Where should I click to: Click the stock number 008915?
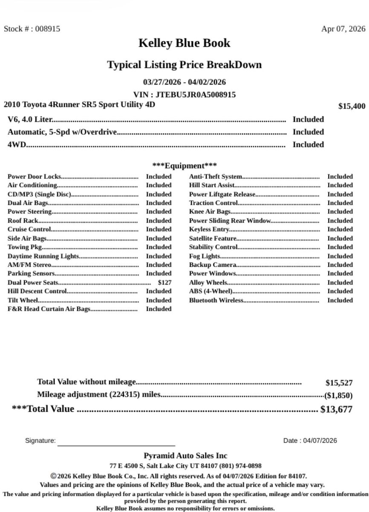pyautogui.click(x=47, y=29)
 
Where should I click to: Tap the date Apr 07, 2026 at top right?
pyautogui.click(x=343, y=29)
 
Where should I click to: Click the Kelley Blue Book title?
pyautogui.click(x=184, y=43)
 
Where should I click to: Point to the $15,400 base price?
pyautogui.click(x=352, y=106)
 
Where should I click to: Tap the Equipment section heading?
pyautogui.click(x=184, y=166)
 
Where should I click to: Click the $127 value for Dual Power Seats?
pyautogui.click(x=164, y=282)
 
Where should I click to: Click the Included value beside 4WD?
pyautogui.click(x=308, y=145)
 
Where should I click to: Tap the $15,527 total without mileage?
pyautogui.click(x=339, y=383)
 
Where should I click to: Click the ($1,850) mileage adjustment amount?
pyautogui.click(x=338, y=395)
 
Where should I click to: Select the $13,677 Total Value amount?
pyautogui.click(x=336, y=410)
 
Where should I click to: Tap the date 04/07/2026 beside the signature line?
pyautogui.click(x=320, y=441)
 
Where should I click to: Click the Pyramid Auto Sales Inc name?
pyautogui.click(x=185, y=456)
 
